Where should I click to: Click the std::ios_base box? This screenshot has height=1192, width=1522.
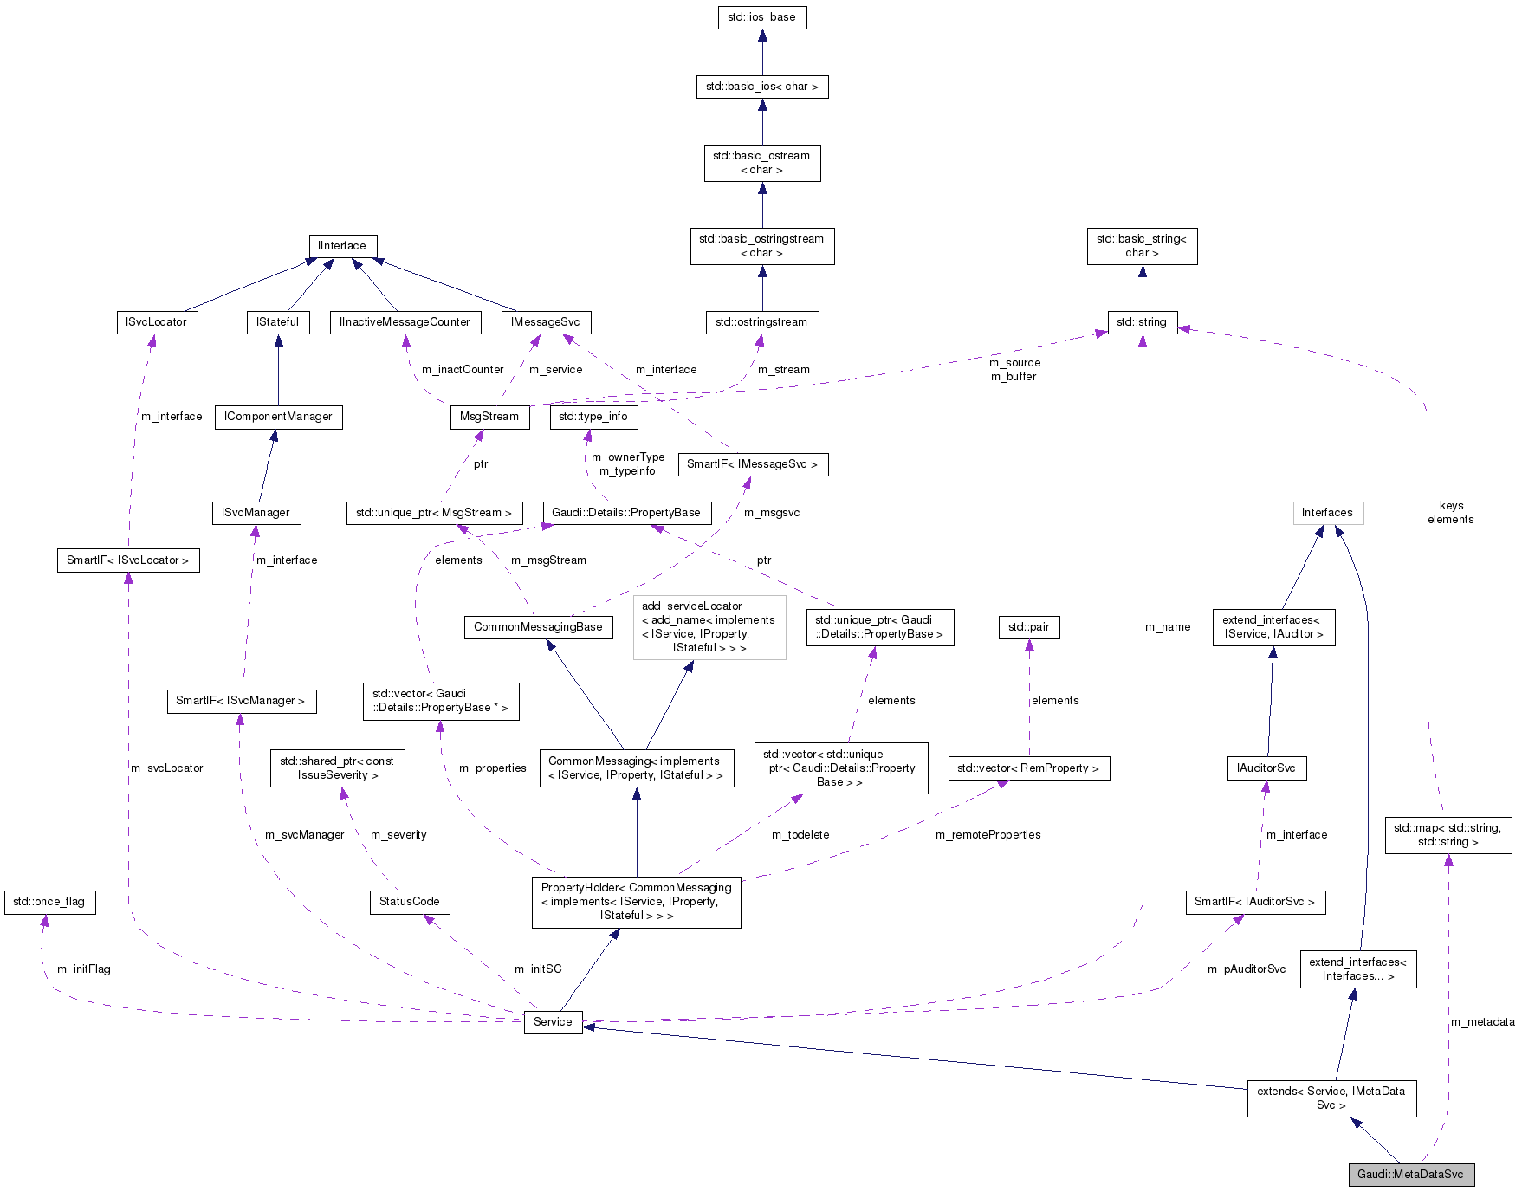(x=761, y=17)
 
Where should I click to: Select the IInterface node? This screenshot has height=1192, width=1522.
(x=342, y=246)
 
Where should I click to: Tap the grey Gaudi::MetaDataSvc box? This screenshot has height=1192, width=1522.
(x=1410, y=1175)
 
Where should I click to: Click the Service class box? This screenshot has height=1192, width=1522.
(x=553, y=1022)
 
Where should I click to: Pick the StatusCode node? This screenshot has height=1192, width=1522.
(x=409, y=902)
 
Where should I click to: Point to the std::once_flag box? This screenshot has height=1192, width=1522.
(x=49, y=902)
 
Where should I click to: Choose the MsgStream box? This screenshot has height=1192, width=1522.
(x=489, y=417)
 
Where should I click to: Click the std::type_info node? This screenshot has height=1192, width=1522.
(x=593, y=417)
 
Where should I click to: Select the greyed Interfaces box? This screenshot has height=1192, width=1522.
(x=1327, y=513)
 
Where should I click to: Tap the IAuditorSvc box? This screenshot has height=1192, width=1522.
(x=1266, y=768)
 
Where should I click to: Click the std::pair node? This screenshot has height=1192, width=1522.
(x=1029, y=627)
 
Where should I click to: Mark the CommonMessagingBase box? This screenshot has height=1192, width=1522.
(x=538, y=627)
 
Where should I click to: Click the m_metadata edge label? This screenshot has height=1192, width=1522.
(x=1483, y=1022)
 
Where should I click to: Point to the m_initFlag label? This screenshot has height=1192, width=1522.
(x=84, y=969)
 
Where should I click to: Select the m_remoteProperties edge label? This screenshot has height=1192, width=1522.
(x=988, y=835)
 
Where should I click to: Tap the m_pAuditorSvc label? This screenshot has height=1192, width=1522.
(x=1247, y=969)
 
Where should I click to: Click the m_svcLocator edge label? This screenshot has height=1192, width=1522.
(x=167, y=768)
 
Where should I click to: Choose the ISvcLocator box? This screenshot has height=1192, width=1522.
(x=156, y=322)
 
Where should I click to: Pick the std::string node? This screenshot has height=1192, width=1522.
(x=1142, y=322)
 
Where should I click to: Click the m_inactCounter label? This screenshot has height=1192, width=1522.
(x=463, y=370)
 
